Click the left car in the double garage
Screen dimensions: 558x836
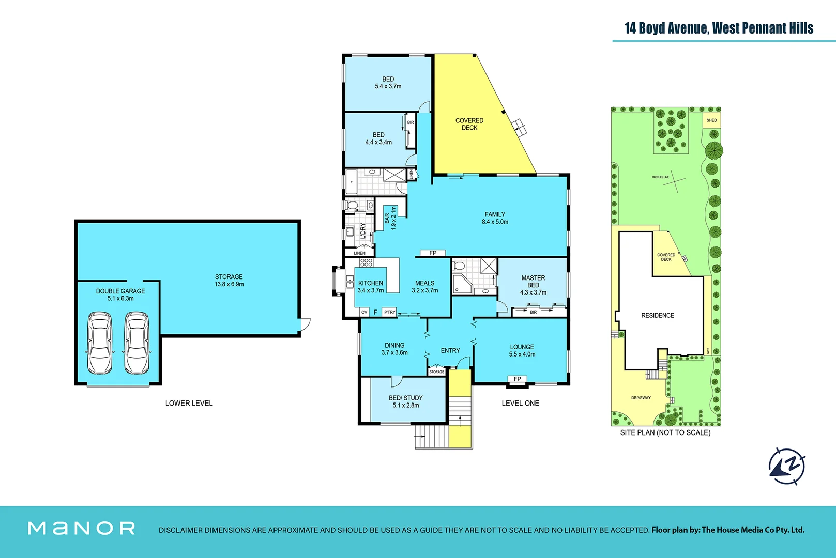pyautogui.click(x=99, y=343)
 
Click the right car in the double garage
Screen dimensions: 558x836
pyautogui.click(x=137, y=343)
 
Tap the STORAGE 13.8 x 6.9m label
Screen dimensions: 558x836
pyautogui.click(x=229, y=281)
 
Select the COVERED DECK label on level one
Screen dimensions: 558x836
pyautogui.click(x=469, y=124)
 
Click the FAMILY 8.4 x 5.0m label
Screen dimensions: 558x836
pyautogui.click(x=495, y=218)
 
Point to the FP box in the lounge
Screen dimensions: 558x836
pyautogui.click(x=518, y=379)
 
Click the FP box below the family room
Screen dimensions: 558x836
pyautogui.click(x=433, y=253)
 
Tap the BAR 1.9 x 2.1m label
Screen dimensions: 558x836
pyautogui.click(x=390, y=218)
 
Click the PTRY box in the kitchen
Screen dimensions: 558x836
pyautogui.click(x=389, y=312)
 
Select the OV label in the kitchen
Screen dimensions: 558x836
pyautogui.click(x=364, y=312)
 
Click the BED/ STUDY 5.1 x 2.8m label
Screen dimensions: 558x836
pyautogui.click(x=405, y=401)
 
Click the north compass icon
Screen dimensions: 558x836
pyautogui.click(x=786, y=466)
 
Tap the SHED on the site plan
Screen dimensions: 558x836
pyautogui.click(x=711, y=120)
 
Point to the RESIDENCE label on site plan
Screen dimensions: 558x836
pyautogui.click(x=657, y=315)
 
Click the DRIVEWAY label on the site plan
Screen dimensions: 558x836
pyautogui.click(x=641, y=398)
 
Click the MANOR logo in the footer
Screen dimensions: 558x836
pyautogui.click(x=81, y=528)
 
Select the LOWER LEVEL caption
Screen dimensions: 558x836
pyautogui.click(x=189, y=403)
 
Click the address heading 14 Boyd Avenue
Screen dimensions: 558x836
pyautogui.click(x=719, y=28)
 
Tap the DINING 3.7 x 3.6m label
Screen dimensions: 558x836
pyautogui.click(x=394, y=349)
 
